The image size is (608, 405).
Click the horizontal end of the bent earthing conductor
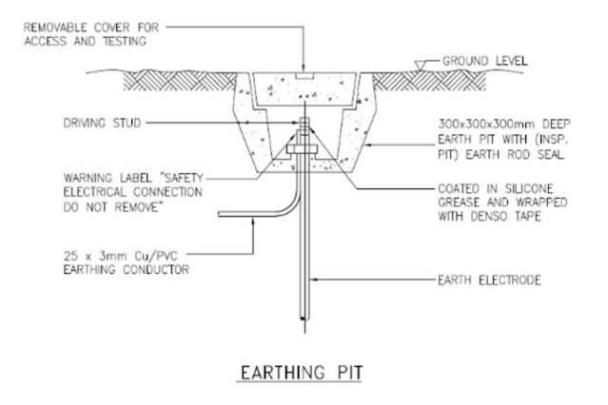click(x=225, y=212)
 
